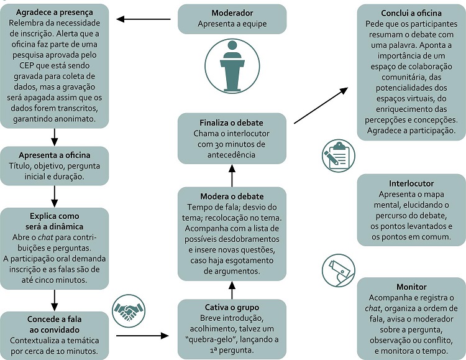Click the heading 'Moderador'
pyautogui.click(x=232, y=12)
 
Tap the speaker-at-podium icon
pyautogui.click(x=231, y=67)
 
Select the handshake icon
pyautogui.click(x=128, y=309)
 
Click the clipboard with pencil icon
pyautogui.click(x=338, y=155)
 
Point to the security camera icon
pyautogui.click(x=338, y=270)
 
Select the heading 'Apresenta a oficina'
pyautogui.click(x=54, y=154)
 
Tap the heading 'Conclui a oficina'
pyautogui.click(x=411, y=13)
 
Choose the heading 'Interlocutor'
pyautogui.click(x=411, y=184)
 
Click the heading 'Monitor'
pyautogui.click(x=411, y=287)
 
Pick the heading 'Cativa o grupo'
pyautogui.click(x=232, y=307)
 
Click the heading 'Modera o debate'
pyautogui.click(x=232, y=196)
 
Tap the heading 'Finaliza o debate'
pyautogui.click(x=232, y=122)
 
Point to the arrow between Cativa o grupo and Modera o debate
pyautogui.click(x=232, y=289)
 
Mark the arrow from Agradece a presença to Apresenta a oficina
pyautogui.click(x=54, y=136)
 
